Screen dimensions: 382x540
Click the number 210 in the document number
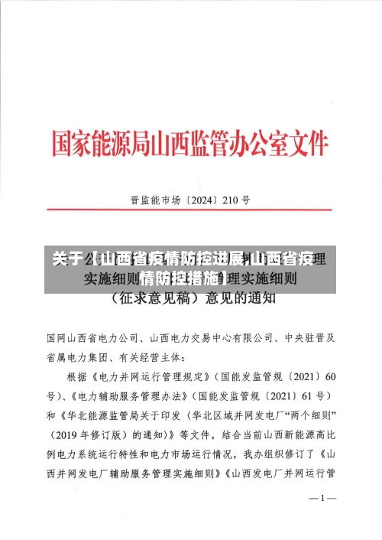point(231,202)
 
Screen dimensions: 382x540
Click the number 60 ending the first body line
point(329,376)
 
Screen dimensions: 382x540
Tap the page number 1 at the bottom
point(322,499)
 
